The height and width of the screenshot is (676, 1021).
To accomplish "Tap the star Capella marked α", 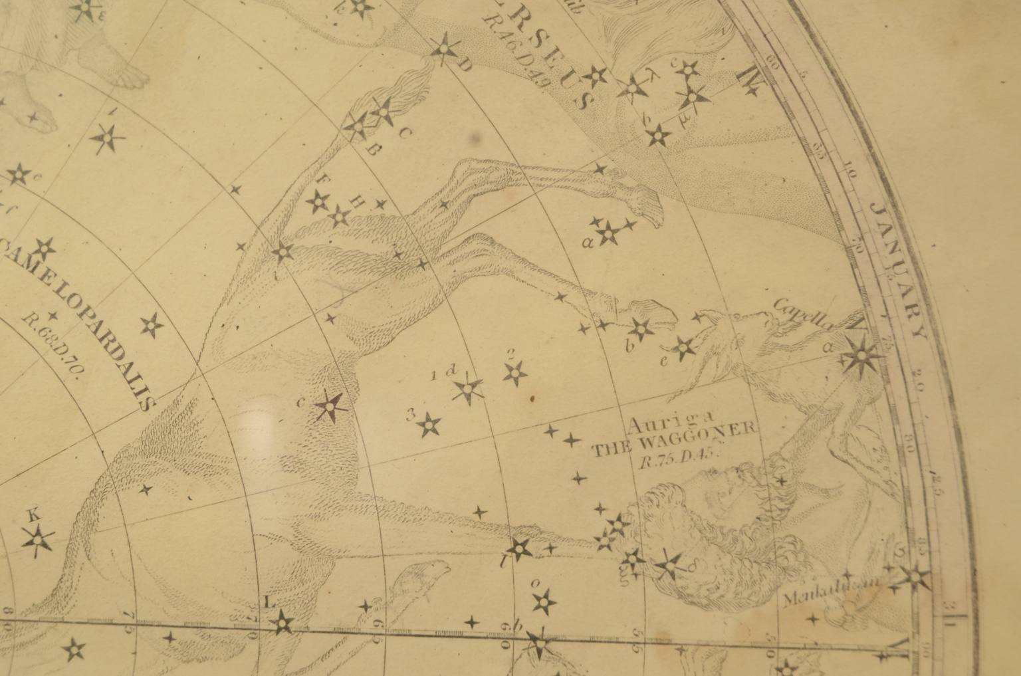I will (863, 358).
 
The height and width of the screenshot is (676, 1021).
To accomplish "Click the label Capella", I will (804, 313).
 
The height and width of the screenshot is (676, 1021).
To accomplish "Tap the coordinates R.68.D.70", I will (50, 346).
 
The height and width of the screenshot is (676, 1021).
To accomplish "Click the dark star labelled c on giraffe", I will (328, 407).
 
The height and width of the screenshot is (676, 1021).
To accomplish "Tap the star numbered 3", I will (430, 425).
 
